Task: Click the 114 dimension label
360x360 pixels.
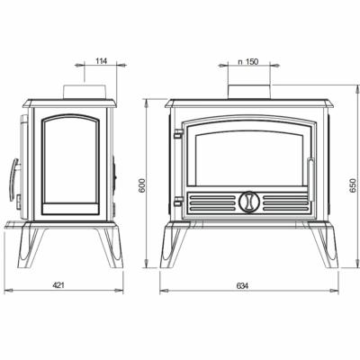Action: (102, 62)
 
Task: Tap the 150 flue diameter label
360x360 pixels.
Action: (247, 62)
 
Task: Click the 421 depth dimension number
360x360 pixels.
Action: (59, 285)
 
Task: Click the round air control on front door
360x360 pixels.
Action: (247, 201)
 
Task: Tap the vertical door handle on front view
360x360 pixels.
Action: (310, 175)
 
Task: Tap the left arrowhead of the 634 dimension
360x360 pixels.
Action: (164, 291)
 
